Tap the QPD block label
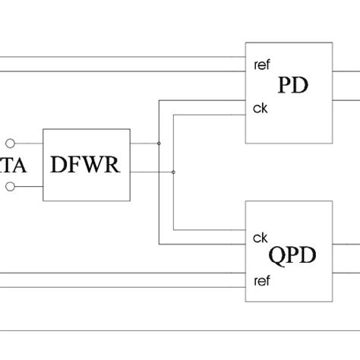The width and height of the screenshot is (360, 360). tap(292, 254)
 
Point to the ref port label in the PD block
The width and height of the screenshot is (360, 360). tap(261, 65)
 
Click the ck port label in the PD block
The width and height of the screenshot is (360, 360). tap(259, 109)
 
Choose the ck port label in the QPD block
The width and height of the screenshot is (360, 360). tap(259, 238)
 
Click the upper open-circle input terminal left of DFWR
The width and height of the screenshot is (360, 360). tap(11, 142)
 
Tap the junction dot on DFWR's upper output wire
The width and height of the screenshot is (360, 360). tap(159, 143)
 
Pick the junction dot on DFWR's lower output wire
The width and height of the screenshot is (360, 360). tap(173, 172)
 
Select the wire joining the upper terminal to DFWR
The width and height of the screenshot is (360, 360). tap(29, 142)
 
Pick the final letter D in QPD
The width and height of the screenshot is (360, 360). tap(306, 254)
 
